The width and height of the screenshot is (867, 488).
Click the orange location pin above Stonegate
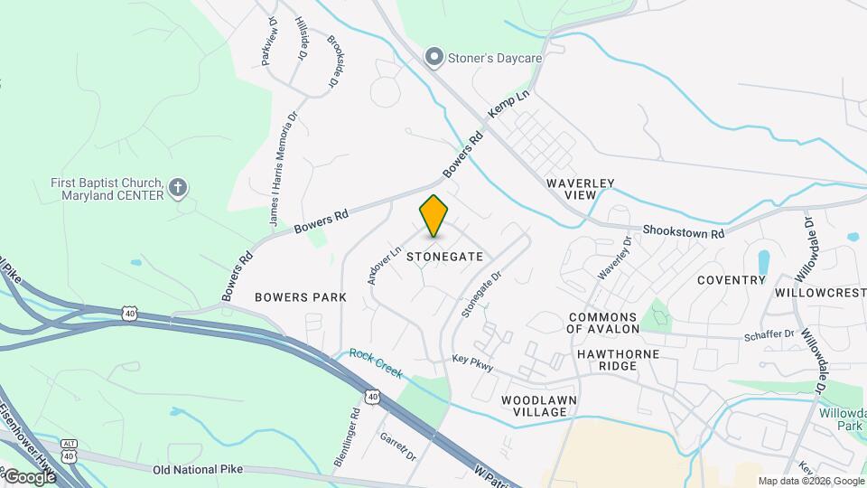[x=433, y=216]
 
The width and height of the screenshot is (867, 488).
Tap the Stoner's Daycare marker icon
[x=434, y=59]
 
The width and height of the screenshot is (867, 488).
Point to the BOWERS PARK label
[x=301, y=296]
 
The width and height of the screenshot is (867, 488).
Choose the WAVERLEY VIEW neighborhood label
[x=581, y=189]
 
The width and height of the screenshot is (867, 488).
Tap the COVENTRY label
[x=731, y=280]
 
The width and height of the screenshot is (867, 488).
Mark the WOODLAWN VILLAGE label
[x=539, y=406]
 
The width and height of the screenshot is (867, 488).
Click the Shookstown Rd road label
[x=684, y=232]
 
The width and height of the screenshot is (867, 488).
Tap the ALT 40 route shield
[x=70, y=449]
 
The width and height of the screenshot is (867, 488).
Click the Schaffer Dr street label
[x=769, y=334]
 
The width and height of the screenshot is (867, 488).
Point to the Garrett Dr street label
[x=397, y=444]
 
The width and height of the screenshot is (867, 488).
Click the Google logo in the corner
[x=29, y=477]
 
